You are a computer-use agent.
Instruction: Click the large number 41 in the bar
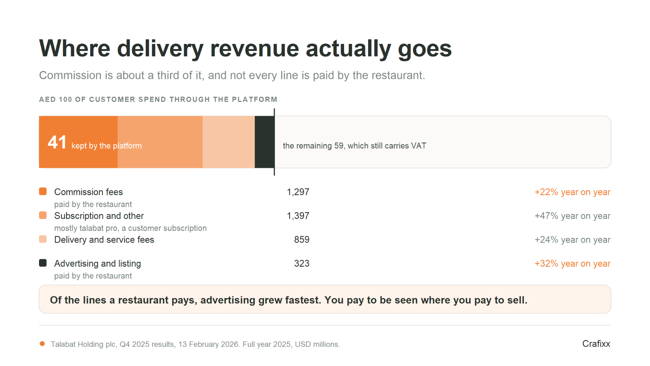pos(57,142)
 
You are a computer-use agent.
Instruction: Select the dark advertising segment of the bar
pos(264,142)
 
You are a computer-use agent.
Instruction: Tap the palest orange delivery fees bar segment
pos(229,142)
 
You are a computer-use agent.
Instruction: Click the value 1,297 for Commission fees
pos(298,192)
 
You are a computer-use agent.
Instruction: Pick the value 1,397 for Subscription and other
pos(298,216)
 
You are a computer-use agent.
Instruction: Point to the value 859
pos(302,240)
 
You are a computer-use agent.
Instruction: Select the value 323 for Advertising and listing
pos(302,264)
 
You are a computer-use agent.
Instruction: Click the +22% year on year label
pos(572,192)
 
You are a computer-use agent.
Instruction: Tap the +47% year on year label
pos(572,216)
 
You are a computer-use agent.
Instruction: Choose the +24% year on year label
pos(572,240)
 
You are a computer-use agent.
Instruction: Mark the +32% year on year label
pos(572,264)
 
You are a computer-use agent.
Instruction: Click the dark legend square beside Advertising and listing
pos(43,263)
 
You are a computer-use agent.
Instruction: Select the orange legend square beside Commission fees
pos(43,191)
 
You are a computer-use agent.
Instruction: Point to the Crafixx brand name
pos(596,344)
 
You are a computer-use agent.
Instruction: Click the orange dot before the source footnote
pos(42,344)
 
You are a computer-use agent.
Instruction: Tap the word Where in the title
pos(75,48)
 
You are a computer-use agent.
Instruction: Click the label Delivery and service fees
pos(104,240)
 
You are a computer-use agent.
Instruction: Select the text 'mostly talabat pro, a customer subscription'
pos(130,228)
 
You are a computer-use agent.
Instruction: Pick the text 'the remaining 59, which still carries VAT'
pos(354,146)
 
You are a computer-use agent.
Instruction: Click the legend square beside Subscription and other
pos(43,215)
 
